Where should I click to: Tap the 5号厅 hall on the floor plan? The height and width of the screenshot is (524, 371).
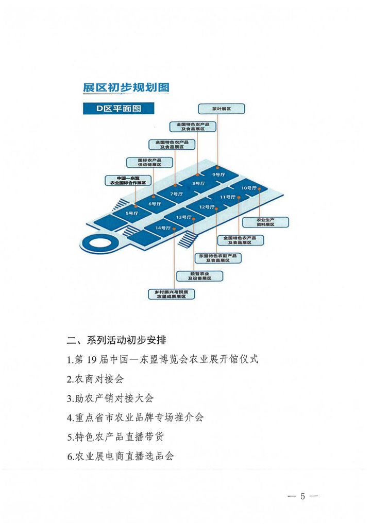(x=132, y=213)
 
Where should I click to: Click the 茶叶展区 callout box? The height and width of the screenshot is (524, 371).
(x=221, y=109)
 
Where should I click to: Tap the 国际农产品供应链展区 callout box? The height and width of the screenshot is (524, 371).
(x=149, y=162)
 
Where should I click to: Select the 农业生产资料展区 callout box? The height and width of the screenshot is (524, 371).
(x=265, y=222)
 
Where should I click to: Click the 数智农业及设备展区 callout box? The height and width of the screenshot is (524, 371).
(x=200, y=276)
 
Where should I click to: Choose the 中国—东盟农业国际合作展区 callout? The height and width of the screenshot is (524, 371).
(x=125, y=180)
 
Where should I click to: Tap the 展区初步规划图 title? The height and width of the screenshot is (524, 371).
(x=126, y=87)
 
